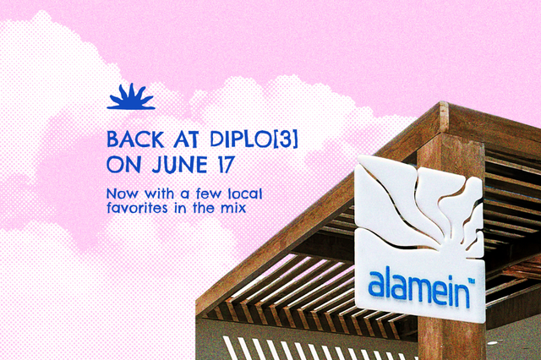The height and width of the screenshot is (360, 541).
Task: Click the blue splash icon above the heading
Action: [131, 97]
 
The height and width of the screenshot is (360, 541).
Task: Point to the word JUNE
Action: [179, 165]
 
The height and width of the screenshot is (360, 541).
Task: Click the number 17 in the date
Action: [226, 165]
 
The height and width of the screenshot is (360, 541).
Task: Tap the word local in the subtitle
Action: [245, 194]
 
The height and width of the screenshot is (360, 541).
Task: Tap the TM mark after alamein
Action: [471, 281]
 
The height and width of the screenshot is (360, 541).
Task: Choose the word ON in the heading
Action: [124, 165]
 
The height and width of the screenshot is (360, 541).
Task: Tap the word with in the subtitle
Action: [159, 194]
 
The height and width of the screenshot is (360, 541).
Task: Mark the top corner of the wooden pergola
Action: [441, 102]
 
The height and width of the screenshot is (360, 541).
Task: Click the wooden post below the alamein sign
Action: [451, 340]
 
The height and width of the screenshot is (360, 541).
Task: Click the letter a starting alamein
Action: [378, 286]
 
